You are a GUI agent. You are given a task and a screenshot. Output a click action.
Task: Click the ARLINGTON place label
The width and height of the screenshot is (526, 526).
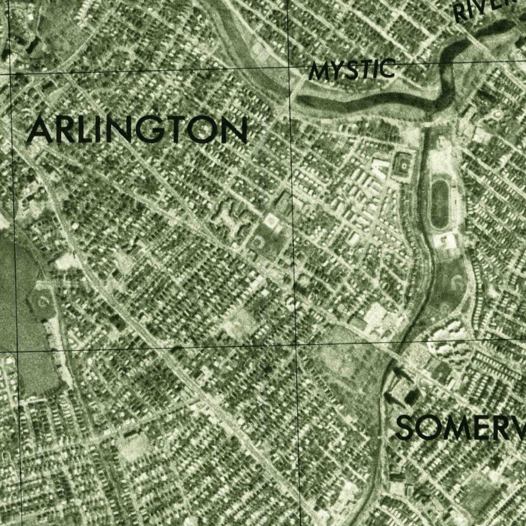pos(137,129)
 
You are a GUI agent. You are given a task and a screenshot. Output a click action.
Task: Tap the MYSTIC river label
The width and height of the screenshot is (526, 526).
pos(352,70)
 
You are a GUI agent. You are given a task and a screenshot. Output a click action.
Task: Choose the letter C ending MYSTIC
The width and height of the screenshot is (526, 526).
pos(387,68)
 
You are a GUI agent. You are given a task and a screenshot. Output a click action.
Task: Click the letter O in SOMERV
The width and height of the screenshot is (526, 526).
pos(428,429)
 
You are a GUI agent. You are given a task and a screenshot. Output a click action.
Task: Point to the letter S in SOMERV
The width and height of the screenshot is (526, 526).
pos(405,429)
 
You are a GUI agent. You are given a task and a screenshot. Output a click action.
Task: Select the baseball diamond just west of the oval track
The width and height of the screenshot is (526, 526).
pos(403,165)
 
